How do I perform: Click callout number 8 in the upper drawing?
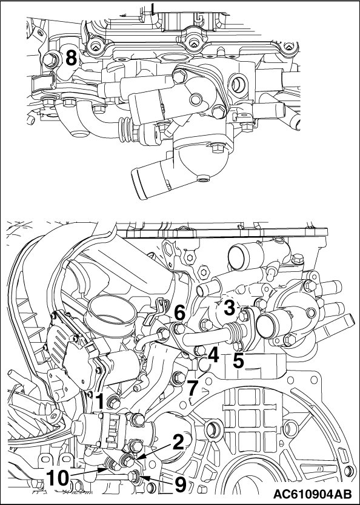click(72, 58)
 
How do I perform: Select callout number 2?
click(178, 443)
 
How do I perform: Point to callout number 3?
click(229, 308)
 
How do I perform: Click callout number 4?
click(213, 355)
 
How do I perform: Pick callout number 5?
click(239, 361)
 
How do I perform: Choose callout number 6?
click(180, 312)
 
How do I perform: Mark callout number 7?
click(192, 388)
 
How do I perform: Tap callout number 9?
click(180, 484)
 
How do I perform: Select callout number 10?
click(58, 477)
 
